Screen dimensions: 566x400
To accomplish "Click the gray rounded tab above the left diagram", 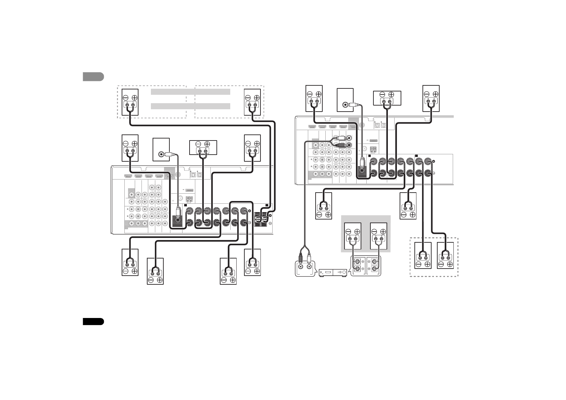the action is (93, 77).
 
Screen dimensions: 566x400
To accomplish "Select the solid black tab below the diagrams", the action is (93, 322).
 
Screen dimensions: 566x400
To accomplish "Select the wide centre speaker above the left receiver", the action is (203, 148).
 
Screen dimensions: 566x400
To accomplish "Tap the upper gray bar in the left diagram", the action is (190, 92).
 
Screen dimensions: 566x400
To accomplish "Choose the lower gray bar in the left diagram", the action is (190, 106).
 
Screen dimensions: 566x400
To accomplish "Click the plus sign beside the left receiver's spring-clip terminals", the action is (271, 215).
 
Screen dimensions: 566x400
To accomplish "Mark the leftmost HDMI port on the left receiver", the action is (128, 175).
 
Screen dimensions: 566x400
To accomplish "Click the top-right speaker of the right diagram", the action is (431, 98).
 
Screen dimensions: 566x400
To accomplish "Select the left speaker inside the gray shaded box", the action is (353, 236).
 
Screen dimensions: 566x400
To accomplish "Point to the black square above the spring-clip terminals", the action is (267, 205).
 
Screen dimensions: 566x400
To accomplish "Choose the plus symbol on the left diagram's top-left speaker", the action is (134, 97).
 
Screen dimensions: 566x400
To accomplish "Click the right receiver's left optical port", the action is (377, 125).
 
